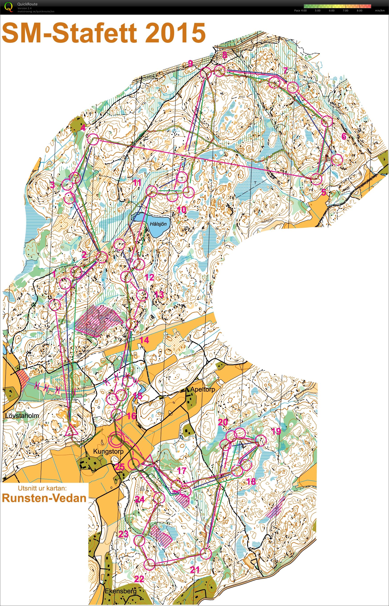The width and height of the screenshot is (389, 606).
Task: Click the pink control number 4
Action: click(x=83, y=128)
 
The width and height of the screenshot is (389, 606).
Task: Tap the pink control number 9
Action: click(x=191, y=64)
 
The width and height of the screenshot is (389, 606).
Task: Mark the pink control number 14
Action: click(x=144, y=340)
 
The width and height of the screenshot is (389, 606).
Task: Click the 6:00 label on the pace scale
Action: click(x=331, y=11)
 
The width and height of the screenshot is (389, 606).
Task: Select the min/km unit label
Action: click(x=380, y=11)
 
